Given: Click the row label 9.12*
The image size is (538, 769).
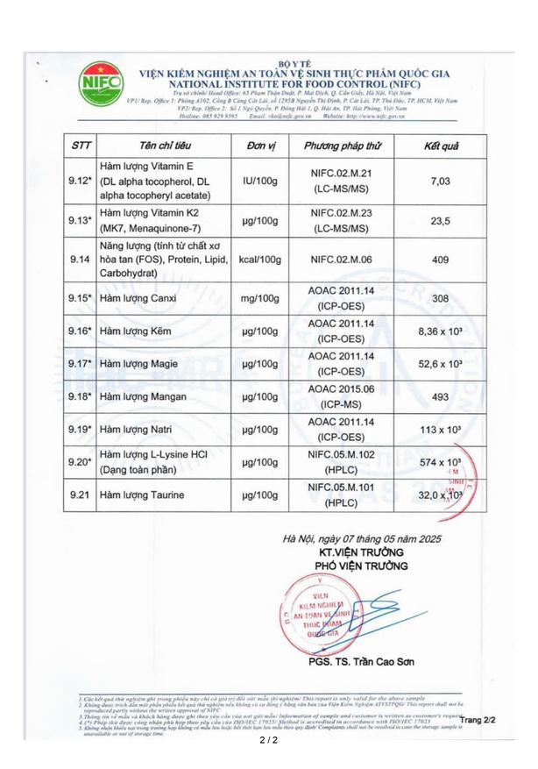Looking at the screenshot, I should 80,181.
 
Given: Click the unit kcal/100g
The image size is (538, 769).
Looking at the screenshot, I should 258,260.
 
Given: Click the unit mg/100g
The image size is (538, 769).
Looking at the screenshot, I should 258,298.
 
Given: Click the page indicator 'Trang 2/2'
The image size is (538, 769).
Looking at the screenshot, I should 478,720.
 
